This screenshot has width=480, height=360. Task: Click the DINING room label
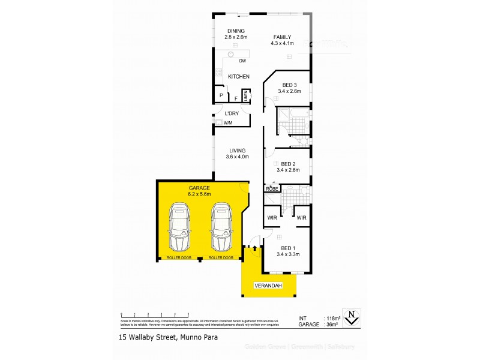coord(236,31)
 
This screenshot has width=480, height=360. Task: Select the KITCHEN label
coord(238,76)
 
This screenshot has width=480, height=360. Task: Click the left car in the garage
coord(179,228)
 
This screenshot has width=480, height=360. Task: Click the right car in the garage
coord(221,228)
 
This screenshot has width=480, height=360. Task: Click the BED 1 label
coord(288,248)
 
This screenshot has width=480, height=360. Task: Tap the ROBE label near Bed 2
coord(271,189)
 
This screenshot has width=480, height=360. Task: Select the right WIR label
coord(301,217)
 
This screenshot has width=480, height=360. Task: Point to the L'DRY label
coord(232,113)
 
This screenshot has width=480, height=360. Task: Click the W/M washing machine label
coord(228,123)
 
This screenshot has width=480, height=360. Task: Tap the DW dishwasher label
coord(242,61)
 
